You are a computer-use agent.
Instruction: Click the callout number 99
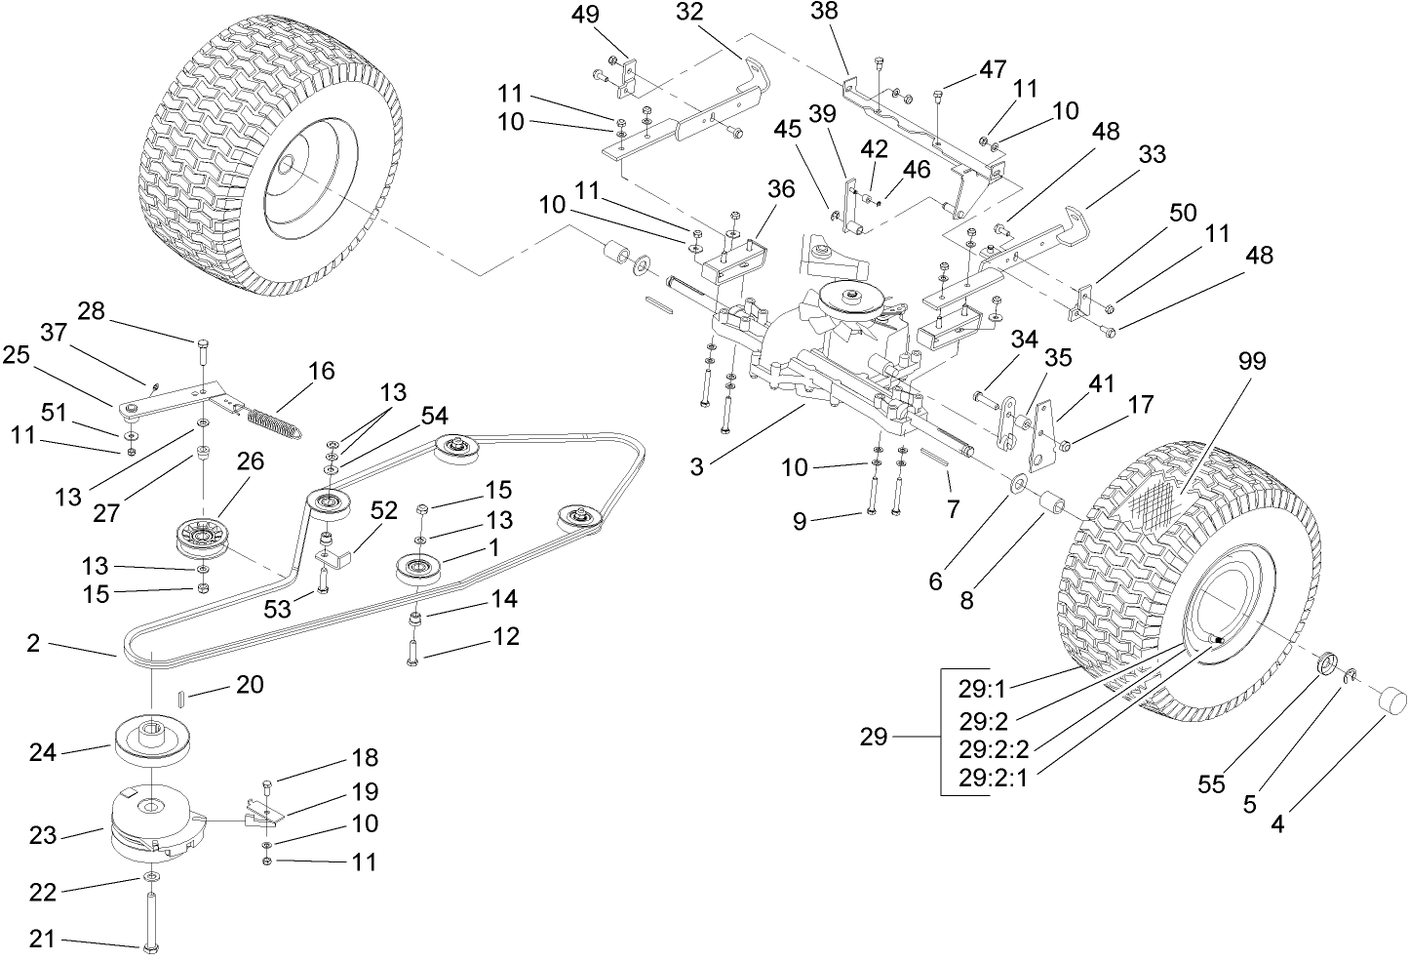click(1251, 362)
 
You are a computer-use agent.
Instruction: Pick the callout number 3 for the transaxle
click(696, 466)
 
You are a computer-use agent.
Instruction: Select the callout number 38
click(825, 12)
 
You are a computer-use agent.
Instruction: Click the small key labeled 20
click(181, 696)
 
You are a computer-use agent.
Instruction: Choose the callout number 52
click(383, 509)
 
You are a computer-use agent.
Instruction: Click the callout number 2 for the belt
click(33, 643)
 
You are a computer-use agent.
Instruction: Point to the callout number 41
click(1101, 383)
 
